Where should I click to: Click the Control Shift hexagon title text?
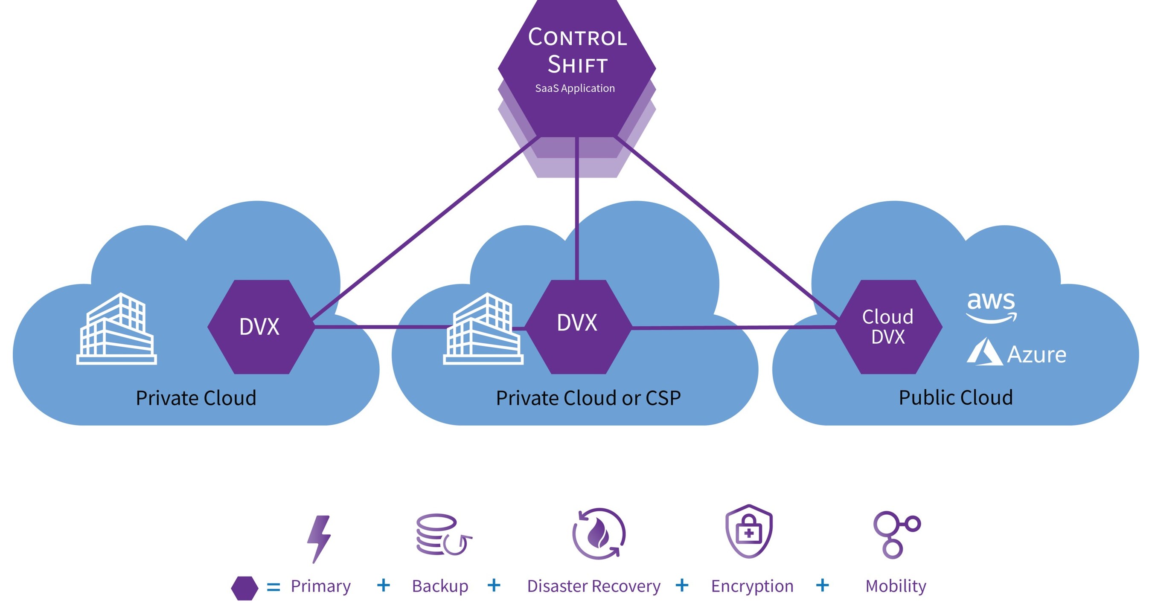pyautogui.click(x=577, y=50)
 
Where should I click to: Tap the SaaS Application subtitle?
pyautogui.click(x=575, y=89)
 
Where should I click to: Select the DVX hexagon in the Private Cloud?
pyautogui.click(x=260, y=327)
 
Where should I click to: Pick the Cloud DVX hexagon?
pyautogui.click(x=888, y=327)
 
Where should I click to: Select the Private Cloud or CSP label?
pyautogui.click(x=588, y=398)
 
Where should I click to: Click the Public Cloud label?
pyautogui.click(x=956, y=397)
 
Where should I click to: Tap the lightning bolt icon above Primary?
pyautogui.click(x=319, y=539)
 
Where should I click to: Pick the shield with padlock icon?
pyautogui.click(x=749, y=531)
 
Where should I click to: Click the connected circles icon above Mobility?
pyautogui.click(x=896, y=534)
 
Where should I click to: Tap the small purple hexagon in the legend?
pyautogui.click(x=244, y=588)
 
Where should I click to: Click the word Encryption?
pyautogui.click(x=752, y=586)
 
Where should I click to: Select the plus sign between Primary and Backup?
pyautogui.click(x=383, y=585)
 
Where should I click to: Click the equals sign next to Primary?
pyautogui.click(x=273, y=587)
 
